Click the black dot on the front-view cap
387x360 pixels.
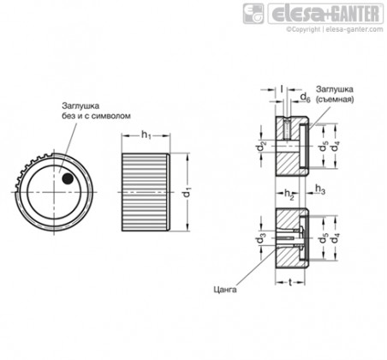(x=68, y=179)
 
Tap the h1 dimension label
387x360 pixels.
(x=146, y=135)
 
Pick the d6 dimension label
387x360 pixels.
(x=305, y=98)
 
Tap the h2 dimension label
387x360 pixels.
(x=289, y=194)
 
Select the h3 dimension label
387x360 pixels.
(x=319, y=189)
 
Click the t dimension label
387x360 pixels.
(x=290, y=282)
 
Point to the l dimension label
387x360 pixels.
(x=282, y=89)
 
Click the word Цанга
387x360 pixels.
(x=225, y=290)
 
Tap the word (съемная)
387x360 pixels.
(x=335, y=99)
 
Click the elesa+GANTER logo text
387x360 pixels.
(x=325, y=14)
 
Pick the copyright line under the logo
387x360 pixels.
(x=335, y=29)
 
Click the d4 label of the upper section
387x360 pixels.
(x=335, y=147)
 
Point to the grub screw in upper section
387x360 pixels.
(x=287, y=129)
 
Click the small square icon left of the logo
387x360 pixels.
(x=253, y=14)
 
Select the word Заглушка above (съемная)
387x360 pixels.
(x=334, y=89)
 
